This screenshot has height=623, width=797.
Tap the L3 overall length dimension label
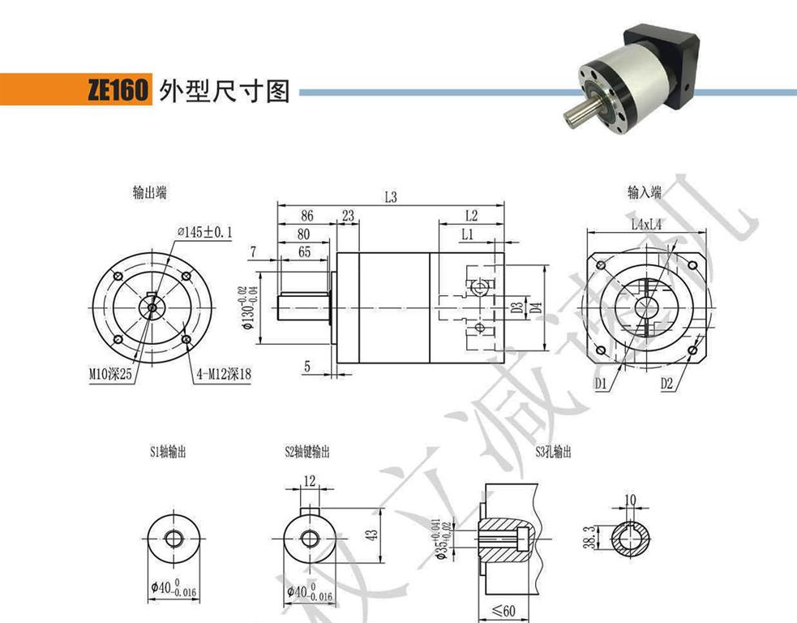point(391,197)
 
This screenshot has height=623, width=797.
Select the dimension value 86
point(306,217)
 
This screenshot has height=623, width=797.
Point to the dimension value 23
point(349,217)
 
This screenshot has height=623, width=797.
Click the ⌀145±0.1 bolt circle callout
point(205,233)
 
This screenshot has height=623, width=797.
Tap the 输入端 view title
point(645,193)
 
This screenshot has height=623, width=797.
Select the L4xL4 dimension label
point(646,225)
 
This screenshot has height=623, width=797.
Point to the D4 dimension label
point(534,307)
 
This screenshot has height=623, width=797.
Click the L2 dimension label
point(472,217)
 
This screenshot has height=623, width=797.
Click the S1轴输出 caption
point(168,453)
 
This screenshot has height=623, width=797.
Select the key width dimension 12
point(309,482)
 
